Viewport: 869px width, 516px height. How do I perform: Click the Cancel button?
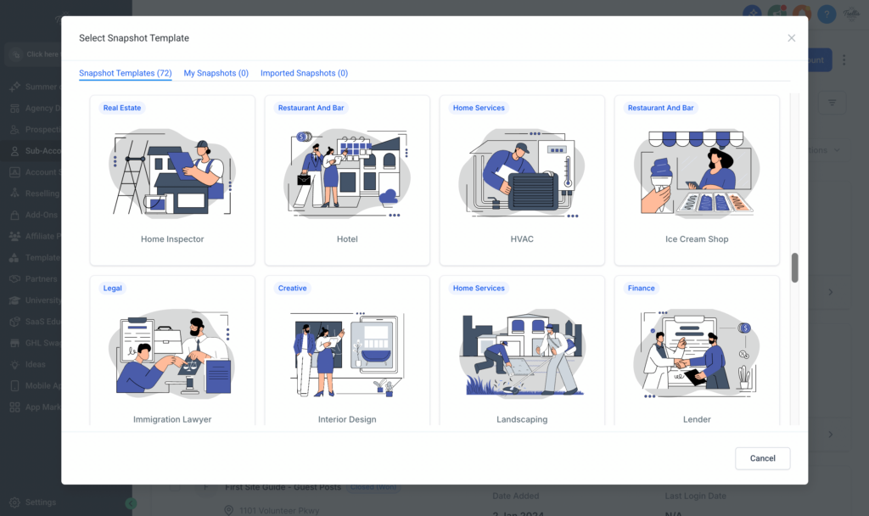762,458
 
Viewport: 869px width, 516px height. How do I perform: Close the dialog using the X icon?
791,38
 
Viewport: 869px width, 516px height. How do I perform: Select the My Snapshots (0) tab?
216,73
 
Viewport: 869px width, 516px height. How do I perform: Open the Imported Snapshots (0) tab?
304,73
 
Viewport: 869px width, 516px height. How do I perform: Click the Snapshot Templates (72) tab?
125,73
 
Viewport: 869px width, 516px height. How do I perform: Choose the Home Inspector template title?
172,239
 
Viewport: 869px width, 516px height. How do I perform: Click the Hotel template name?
347,239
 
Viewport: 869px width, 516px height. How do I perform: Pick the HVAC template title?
522,239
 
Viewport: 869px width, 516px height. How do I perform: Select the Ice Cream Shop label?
697,239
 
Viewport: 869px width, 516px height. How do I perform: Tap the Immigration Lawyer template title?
172,419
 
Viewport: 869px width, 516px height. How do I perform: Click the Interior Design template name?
347,419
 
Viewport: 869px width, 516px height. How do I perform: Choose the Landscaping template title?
522,419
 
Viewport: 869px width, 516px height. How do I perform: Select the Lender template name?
697,419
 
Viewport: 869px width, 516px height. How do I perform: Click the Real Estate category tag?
122,108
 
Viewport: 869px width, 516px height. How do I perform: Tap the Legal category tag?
113,288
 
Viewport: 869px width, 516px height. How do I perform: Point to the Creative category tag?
292,288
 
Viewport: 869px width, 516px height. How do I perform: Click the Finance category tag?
641,288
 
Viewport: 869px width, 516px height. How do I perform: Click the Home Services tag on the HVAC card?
479,108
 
